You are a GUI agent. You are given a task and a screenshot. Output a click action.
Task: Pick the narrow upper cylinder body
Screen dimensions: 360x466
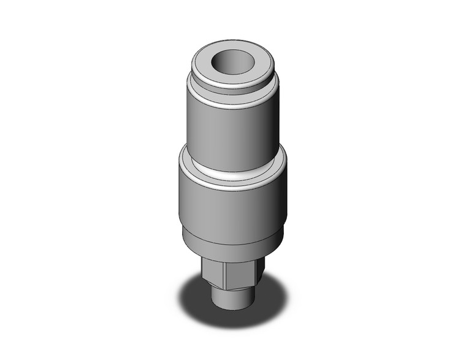point(221,126)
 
